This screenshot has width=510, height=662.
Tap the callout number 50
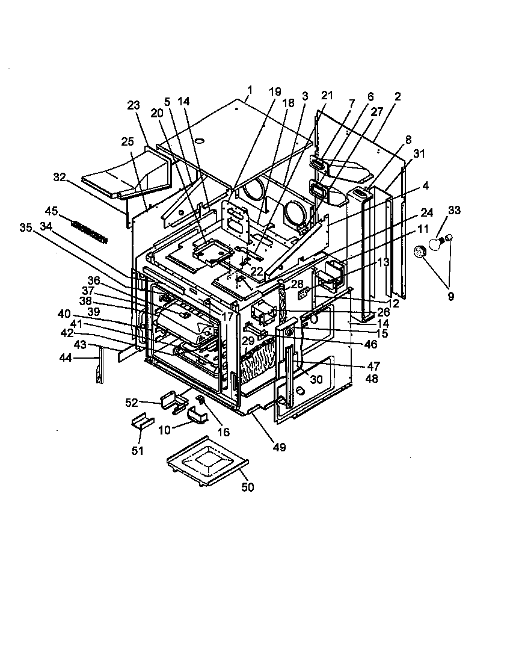click(248, 487)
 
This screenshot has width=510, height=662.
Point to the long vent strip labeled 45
click(90, 231)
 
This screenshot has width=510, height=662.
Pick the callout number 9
click(450, 296)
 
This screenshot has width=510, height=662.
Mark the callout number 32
click(59, 178)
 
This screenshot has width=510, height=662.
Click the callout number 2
click(398, 96)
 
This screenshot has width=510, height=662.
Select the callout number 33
click(454, 211)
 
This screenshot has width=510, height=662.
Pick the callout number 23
click(133, 105)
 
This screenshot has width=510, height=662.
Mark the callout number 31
click(419, 153)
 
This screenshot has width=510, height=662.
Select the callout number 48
click(372, 379)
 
